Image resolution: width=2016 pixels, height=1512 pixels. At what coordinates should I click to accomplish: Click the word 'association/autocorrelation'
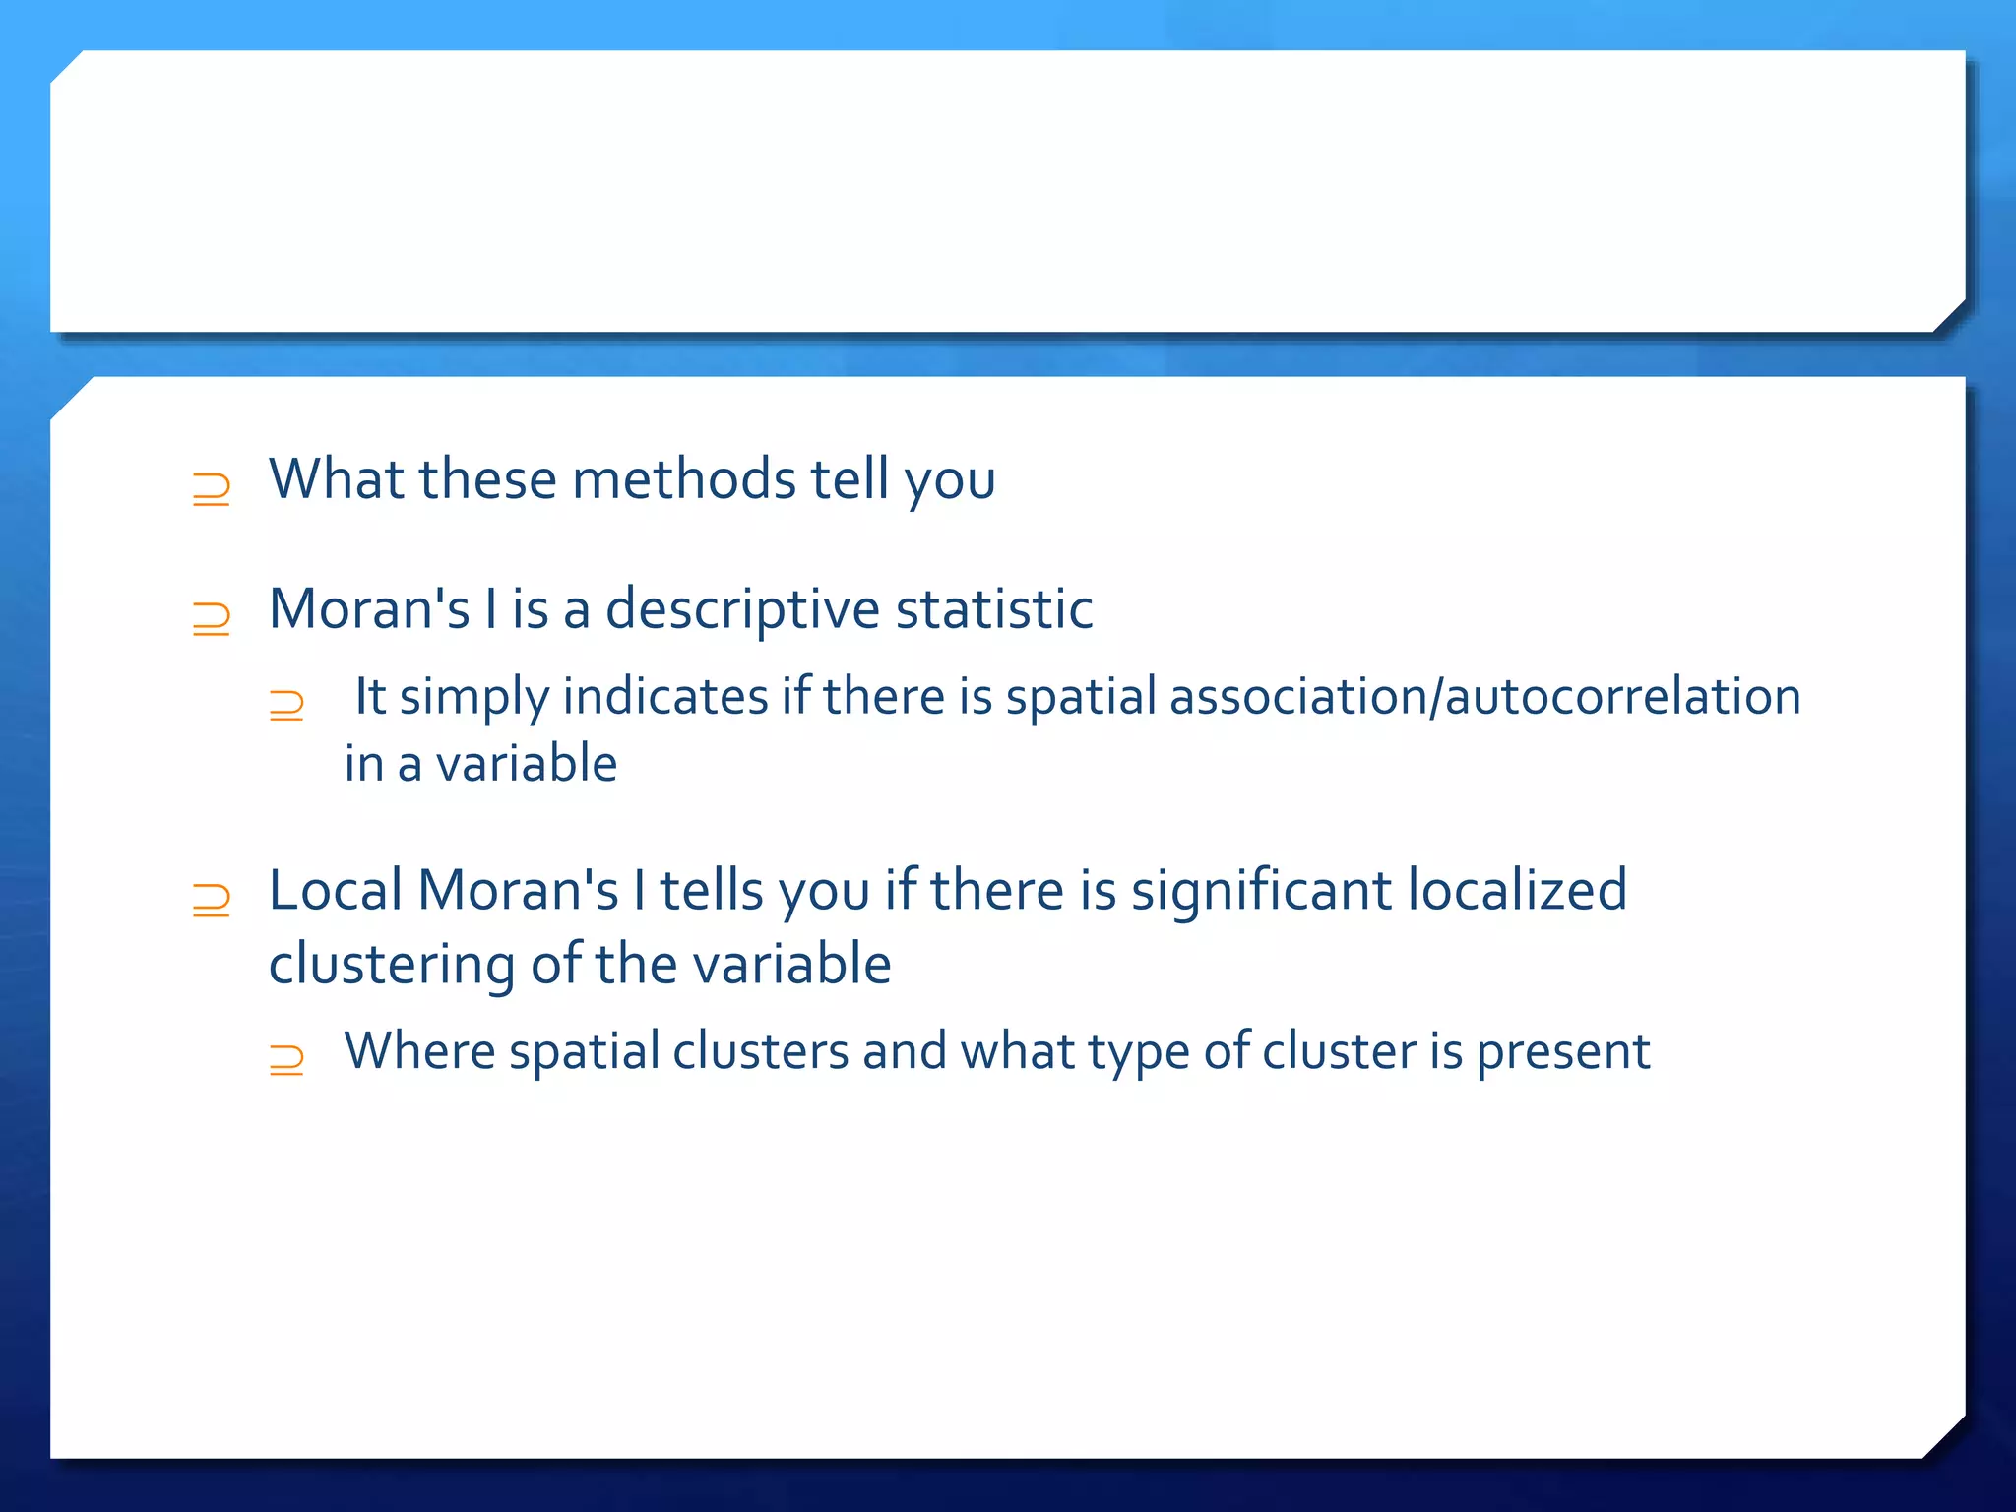coord(1485,697)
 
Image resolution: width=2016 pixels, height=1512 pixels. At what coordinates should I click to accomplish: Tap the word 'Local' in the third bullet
coord(335,891)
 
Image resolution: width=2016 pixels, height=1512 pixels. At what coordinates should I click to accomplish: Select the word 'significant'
coord(1261,891)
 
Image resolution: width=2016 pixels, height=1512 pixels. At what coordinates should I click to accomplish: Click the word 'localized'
coord(1517,891)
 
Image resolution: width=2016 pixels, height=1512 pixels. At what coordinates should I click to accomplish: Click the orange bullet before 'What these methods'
coord(212,488)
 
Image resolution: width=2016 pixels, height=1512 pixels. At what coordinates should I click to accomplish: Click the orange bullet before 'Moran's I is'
coord(212,618)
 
